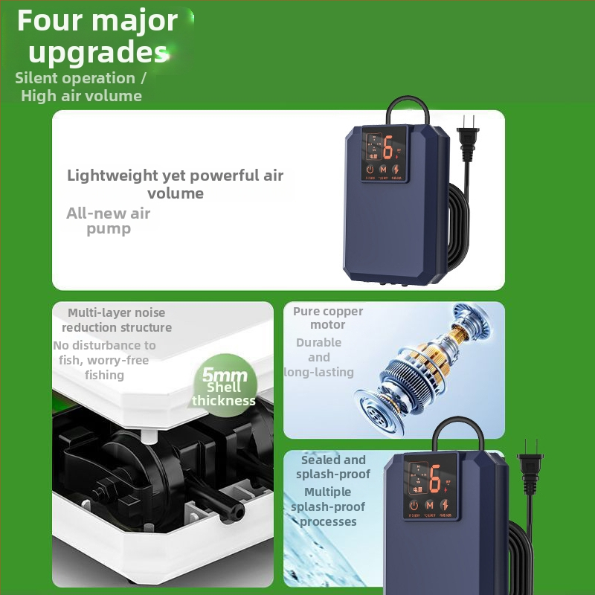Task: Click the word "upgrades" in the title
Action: tap(97, 52)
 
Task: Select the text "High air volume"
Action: tap(81, 95)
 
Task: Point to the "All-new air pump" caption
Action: tap(109, 221)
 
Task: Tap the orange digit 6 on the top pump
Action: tap(387, 148)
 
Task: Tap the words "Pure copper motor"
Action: tap(328, 318)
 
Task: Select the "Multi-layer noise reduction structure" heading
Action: tap(117, 320)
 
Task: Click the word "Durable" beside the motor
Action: tap(319, 343)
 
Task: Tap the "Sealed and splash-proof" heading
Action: tap(333, 467)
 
